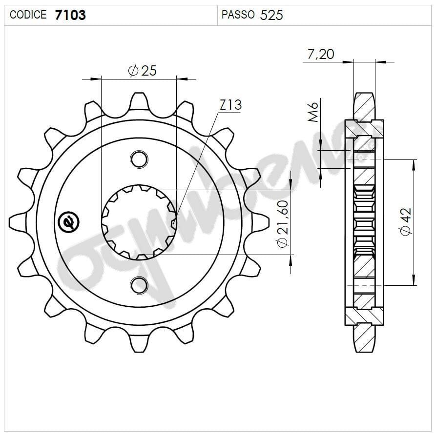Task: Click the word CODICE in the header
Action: (x=28, y=15)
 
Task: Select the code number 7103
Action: (x=70, y=15)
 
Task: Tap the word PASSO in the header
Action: (x=238, y=15)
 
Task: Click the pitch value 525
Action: (x=271, y=15)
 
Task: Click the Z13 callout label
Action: (x=230, y=105)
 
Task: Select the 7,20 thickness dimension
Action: (x=320, y=54)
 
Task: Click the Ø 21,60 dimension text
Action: (x=282, y=223)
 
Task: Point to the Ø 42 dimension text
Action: (x=406, y=222)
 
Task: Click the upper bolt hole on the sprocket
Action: (x=139, y=158)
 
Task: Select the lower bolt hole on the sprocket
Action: (x=139, y=285)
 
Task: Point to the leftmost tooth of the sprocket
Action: (x=19, y=222)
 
